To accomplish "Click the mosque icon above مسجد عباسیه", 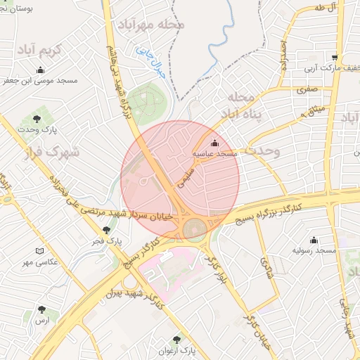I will click(x=214, y=143).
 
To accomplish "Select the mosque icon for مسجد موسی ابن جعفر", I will click(x=40, y=70).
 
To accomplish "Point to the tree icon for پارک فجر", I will click(x=107, y=229).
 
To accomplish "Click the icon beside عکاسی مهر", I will click(x=39, y=252).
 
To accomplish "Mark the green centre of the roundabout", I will click(x=195, y=229).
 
